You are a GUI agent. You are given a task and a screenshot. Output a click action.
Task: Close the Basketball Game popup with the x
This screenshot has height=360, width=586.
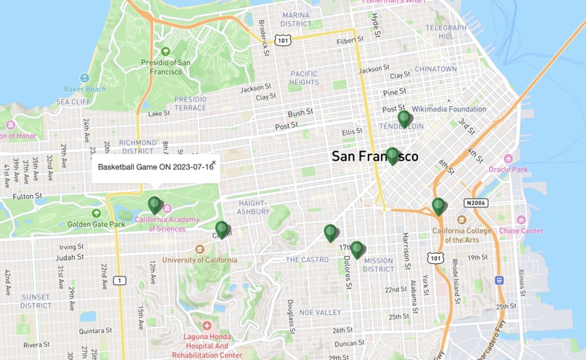point(214,163)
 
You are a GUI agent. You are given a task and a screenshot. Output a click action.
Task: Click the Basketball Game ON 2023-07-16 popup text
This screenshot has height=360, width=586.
point(156,167)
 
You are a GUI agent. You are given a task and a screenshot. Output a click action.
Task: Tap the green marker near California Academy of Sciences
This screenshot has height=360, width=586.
point(154,205)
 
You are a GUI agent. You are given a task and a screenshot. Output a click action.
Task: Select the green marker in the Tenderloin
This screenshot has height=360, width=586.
point(404,119)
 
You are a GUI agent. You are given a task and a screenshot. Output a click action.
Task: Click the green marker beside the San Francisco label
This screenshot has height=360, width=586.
point(393,156)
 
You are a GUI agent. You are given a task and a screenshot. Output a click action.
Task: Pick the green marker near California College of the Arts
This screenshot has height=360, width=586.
point(438,207)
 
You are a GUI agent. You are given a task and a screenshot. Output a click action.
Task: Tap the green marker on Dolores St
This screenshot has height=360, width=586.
point(356,249)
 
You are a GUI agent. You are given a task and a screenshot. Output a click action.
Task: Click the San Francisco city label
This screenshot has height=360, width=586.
point(374,156)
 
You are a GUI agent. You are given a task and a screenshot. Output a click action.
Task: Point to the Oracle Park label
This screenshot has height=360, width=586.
point(507,169)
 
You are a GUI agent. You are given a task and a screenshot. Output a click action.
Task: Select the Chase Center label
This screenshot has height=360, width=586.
point(521,231)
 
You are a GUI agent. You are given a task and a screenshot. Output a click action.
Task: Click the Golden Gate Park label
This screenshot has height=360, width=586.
point(97,224)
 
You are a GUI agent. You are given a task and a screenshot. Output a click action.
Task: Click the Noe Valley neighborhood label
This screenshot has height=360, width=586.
point(320,312)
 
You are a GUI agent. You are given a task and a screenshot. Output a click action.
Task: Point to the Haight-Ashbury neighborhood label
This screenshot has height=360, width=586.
point(253,207)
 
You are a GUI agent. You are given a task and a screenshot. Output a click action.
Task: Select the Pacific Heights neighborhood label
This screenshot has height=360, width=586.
point(304,78)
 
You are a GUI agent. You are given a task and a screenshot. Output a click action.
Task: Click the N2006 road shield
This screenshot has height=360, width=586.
point(477,203)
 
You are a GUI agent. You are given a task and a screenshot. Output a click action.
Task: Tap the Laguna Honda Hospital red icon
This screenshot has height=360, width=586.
point(207,326)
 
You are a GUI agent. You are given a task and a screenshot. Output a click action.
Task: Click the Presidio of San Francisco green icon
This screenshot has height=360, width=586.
point(166,52)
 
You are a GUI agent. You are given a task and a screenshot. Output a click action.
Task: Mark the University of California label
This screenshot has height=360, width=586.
point(199,260)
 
